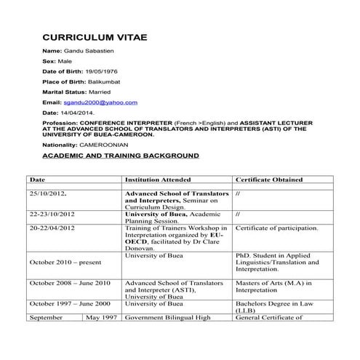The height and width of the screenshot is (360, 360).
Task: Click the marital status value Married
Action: tap(100, 93)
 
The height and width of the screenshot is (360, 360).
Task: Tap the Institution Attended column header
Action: tap(158, 179)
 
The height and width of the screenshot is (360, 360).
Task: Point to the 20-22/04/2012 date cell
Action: tap(52, 228)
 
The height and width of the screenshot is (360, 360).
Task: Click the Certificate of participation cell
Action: tap(276, 228)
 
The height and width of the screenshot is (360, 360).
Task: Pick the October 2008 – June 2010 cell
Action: tap(70, 283)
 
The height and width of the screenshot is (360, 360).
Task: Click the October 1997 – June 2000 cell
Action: tap(70, 304)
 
